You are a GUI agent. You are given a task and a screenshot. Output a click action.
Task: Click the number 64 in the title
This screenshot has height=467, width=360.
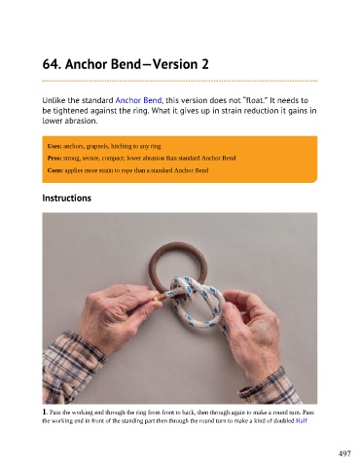point(51,64)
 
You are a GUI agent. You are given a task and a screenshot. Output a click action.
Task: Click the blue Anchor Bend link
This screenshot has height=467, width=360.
point(138,100)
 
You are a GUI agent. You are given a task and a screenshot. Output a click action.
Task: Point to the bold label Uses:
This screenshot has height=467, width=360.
point(54,146)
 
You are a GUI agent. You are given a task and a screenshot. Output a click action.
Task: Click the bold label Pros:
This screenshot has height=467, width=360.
point(54,159)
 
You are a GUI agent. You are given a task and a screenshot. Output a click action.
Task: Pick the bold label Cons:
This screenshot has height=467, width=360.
point(55,170)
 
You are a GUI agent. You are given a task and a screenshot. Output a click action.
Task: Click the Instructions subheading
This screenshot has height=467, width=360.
point(67,198)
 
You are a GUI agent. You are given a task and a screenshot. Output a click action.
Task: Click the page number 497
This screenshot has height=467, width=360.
point(344,453)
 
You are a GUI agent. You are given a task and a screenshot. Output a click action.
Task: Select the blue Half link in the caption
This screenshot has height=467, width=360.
point(302,421)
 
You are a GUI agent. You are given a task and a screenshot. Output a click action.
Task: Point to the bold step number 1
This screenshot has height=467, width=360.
point(45,412)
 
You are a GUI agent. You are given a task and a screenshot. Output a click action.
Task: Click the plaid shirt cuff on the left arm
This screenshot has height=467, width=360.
point(72,366)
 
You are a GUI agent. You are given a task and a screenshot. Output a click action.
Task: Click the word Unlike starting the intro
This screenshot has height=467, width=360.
point(54,100)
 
